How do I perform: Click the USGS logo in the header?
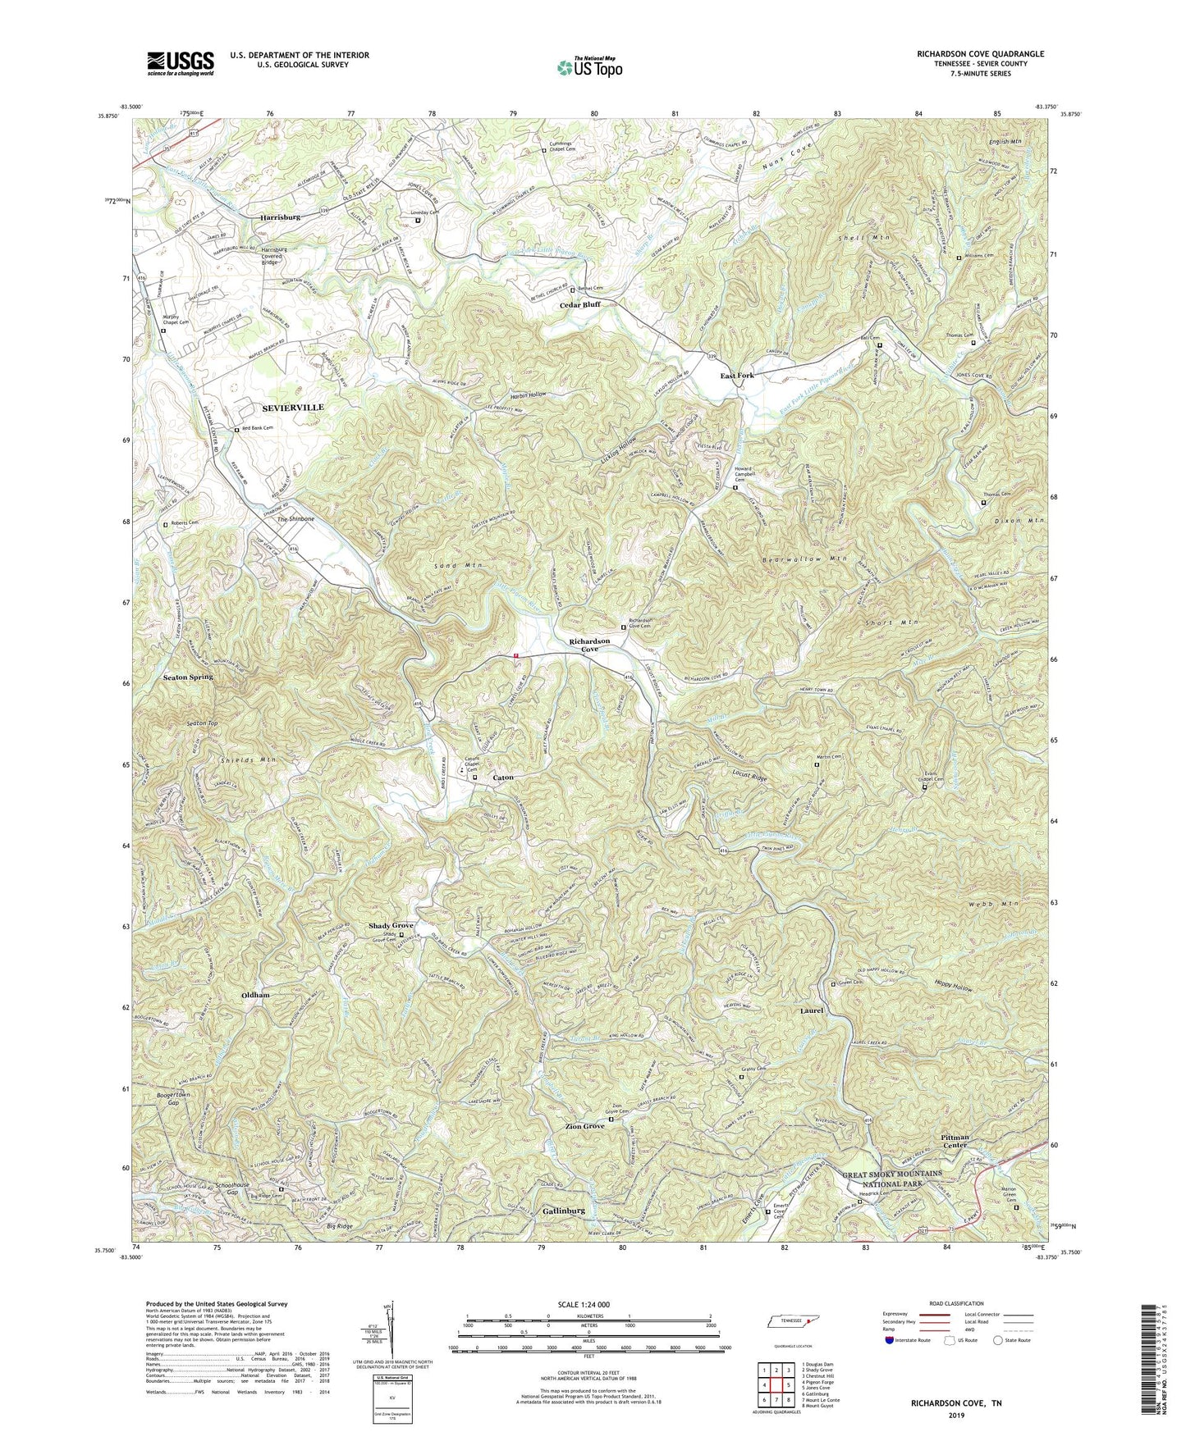click(180, 62)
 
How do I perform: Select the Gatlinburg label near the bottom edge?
click(563, 1211)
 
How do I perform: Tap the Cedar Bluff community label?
click(579, 304)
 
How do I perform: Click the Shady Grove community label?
click(390, 926)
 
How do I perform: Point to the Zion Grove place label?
click(584, 1127)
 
